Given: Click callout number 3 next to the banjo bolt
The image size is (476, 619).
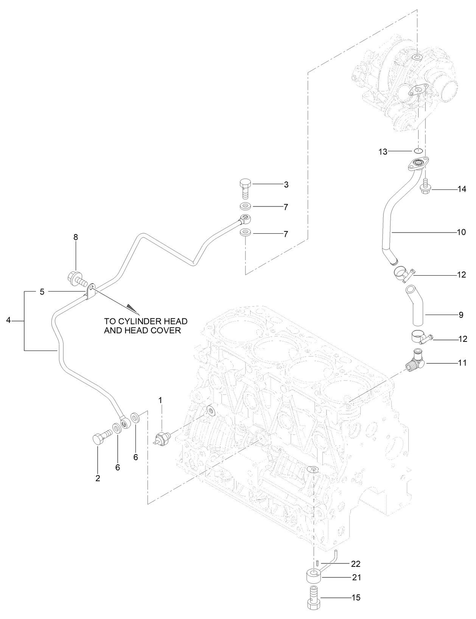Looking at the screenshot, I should (286, 185).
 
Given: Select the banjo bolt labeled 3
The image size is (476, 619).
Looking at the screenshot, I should (245, 189).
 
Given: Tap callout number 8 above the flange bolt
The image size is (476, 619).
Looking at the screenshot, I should (76, 237).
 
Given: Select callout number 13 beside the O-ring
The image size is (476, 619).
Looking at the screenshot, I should (383, 152).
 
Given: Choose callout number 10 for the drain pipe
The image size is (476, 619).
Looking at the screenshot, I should (461, 232).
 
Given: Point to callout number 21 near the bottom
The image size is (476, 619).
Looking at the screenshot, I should (356, 577).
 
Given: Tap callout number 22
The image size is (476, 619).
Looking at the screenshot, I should (356, 564).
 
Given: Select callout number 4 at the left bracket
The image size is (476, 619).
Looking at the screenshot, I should (8, 321).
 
